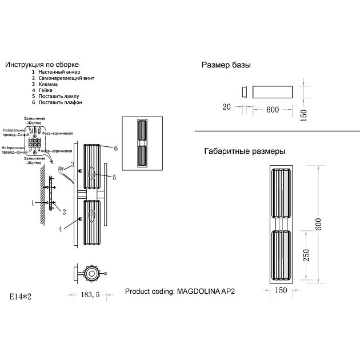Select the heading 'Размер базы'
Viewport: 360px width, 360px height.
227,65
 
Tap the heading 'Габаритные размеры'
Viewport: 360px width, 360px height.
244,151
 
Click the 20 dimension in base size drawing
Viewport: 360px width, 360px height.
226,107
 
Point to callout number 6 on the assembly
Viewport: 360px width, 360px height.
115,148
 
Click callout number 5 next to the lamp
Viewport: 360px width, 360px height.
114,178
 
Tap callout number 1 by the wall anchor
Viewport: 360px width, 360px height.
33,202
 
